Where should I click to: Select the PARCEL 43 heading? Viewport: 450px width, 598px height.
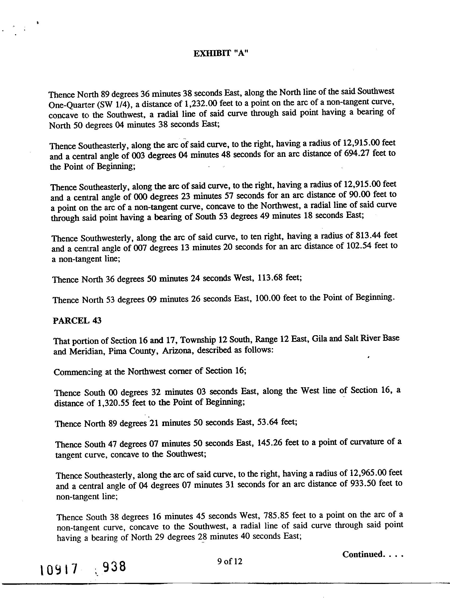(x=77, y=321)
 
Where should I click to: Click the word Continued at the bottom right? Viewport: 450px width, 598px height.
(x=362, y=554)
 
